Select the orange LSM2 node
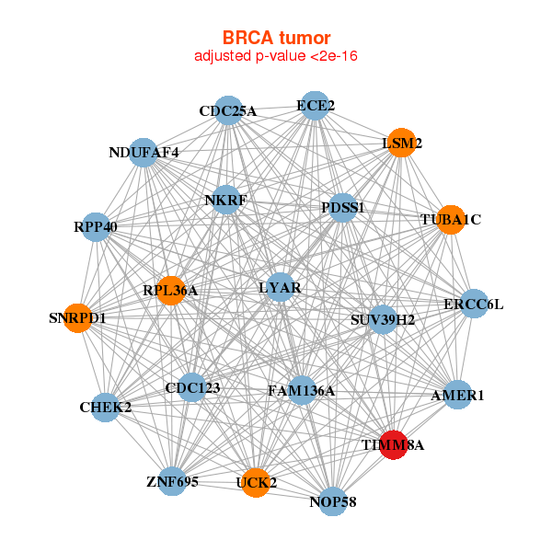[401, 143]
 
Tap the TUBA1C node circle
[450, 220]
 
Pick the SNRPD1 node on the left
[78, 318]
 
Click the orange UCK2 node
[257, 481]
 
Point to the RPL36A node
[171, 291]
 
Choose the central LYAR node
[280, 288]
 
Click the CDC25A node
[228, 111]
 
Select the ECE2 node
[315, 106]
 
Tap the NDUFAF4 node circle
[144, 152]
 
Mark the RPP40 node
[97, 226]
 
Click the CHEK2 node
[106, 407]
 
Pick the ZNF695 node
[172, 481]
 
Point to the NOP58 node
[333, 501]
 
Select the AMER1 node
[457, 395]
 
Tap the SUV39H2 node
[383, 320]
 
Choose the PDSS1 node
[343, 208]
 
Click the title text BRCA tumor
[276, 38]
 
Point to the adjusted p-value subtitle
[276, 56]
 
